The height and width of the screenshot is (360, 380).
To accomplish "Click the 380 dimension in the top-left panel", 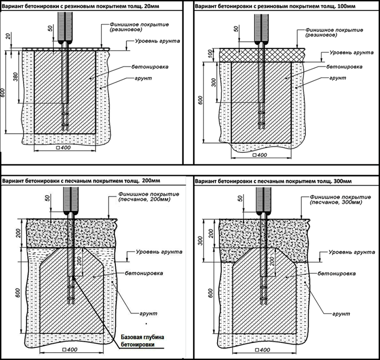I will point(15,77).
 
